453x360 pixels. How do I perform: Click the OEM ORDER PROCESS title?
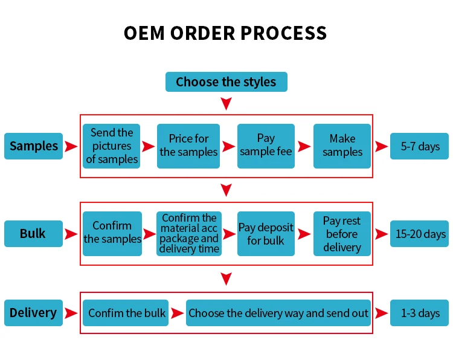tap(226, 33)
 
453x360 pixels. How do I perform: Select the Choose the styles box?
tap(226, 82)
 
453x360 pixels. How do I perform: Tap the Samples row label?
tap(34, 146)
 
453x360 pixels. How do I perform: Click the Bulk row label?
tap(33, 234)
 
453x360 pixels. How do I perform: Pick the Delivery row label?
tap(33, 313)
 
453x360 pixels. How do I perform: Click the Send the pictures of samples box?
tap(112, 146)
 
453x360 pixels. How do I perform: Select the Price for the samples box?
tap(188, 146)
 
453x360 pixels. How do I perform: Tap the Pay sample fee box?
tap(266, 146)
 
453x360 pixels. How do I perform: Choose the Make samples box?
tap(342, 146)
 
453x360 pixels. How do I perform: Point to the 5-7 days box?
tap(420, 146)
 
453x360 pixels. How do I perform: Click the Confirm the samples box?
tap(112, 233)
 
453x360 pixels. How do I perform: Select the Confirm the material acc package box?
tap(189, 233)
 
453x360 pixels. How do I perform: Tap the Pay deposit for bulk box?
tap(266, 233)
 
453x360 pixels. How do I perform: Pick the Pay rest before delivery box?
tap(342, 233)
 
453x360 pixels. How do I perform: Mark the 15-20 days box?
tap(420, 234)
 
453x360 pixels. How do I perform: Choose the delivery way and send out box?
tap(278, 313)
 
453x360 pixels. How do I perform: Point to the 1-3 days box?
tap(420, 313)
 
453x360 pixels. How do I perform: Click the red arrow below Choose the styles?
tap(226, 104)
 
